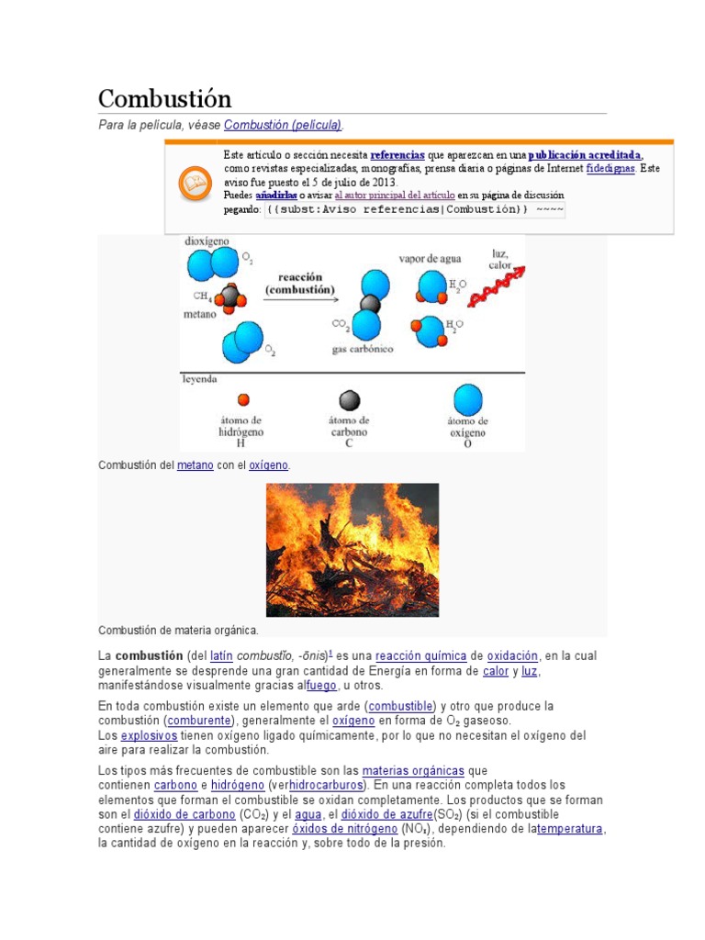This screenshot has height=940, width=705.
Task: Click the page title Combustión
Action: (164, 98)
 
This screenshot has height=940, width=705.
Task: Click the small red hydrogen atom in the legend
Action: (243, 400)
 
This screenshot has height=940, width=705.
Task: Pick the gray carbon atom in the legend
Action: (349, 400)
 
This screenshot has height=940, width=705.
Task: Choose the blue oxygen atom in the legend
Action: (467, 399)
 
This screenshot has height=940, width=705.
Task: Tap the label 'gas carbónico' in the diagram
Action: (363, 350)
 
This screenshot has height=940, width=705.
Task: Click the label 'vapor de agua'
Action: (430, 259)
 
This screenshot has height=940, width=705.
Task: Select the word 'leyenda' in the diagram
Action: (200, 378)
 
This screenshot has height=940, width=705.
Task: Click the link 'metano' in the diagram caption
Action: (195, 465)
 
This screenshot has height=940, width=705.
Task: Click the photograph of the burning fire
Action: (352, 550)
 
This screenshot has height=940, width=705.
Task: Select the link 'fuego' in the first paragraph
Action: (321, 686)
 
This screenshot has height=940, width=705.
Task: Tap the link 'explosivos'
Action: (149, 736)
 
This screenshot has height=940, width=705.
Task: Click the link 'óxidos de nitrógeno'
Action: (345, 829)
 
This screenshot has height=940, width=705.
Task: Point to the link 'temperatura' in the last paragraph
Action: (570, 829)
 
